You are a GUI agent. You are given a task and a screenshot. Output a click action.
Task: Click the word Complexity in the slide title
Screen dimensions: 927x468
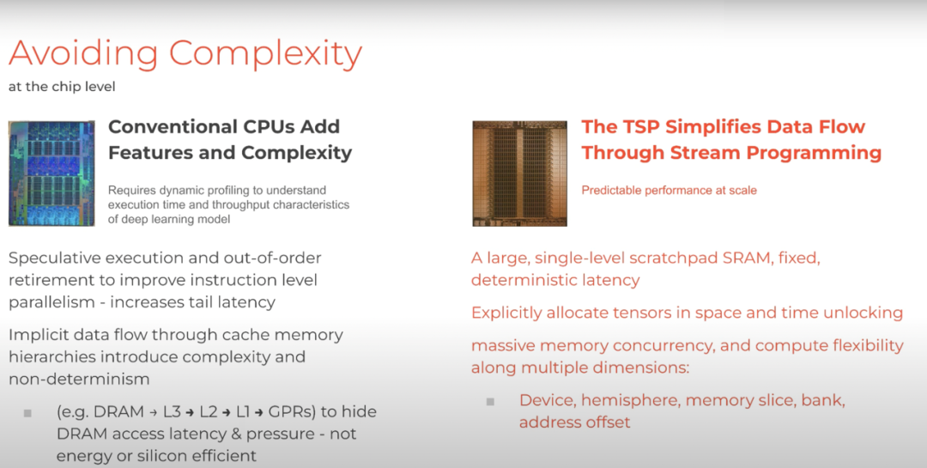(265, 55)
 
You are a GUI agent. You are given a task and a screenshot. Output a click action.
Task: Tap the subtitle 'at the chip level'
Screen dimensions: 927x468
(62, 87)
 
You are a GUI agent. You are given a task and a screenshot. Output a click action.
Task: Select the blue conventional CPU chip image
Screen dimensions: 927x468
(51, 173)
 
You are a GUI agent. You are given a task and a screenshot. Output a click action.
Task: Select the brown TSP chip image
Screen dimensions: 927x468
(519, 173)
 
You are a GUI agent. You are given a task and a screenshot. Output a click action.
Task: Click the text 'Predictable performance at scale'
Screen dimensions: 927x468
(669, 191)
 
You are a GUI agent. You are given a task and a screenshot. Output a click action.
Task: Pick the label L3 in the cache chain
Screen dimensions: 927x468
(172, 412)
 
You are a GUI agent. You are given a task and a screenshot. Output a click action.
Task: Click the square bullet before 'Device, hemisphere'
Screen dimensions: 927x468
(490, 402)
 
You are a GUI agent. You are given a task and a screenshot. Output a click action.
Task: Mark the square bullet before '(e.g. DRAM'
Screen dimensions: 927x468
(27, 413)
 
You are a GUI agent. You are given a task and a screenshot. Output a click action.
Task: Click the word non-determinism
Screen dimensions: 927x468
(79, 379)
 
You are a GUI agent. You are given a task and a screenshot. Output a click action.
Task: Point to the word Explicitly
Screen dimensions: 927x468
(506, 313)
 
